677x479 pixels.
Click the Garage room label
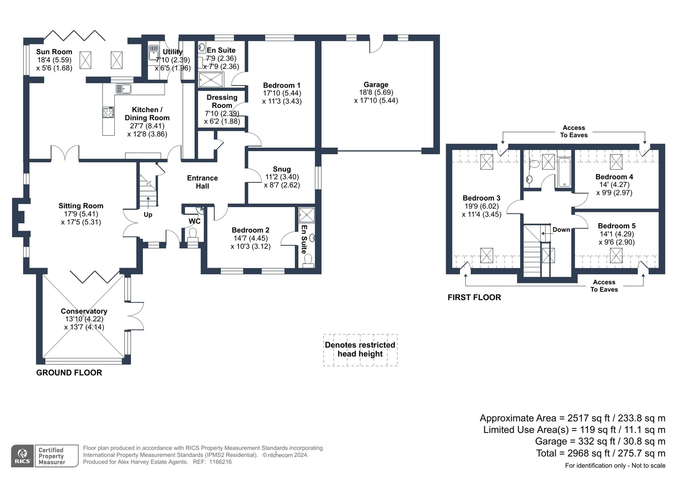[376, 85]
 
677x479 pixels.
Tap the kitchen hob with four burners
[108, 112]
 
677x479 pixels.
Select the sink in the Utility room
[154, 53]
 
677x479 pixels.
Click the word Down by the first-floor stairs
[561, 230]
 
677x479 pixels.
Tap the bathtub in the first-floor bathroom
[564, 172]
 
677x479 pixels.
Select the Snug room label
[282, 169]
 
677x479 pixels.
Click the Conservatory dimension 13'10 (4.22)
[84, 319]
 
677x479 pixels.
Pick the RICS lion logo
[22, 456]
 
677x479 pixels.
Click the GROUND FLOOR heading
[69, 373]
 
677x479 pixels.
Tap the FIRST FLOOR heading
[474, 297]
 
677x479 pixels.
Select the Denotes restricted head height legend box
[360, 350]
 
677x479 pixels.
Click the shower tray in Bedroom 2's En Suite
[307, 215]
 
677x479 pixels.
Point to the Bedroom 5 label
[616, 226]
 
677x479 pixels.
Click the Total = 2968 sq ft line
[600, 453]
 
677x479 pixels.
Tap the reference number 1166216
[220, 462]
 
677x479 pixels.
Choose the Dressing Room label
[222, 101]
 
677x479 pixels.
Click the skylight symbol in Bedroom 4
[616, 162]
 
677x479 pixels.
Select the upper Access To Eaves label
[574, 131]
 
